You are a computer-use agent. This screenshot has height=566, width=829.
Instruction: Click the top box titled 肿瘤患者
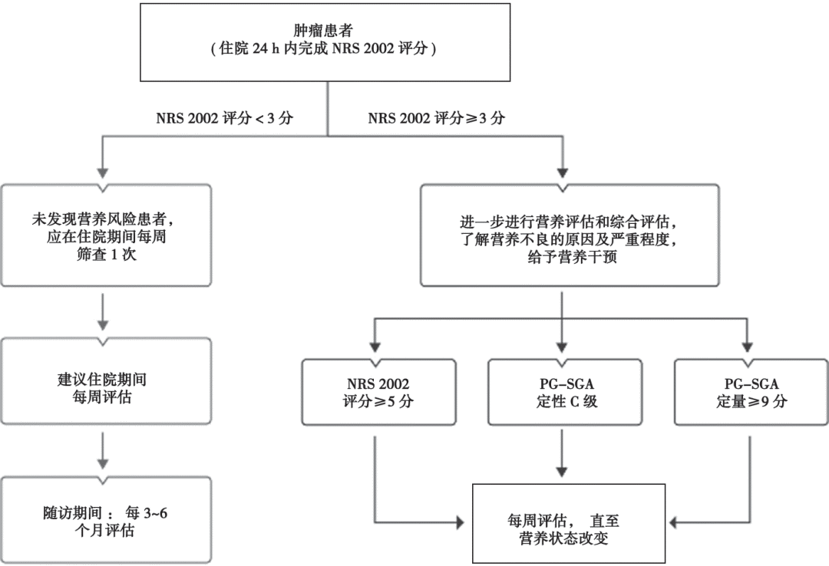pos(326,42)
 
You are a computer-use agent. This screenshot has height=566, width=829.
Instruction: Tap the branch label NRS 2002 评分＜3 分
pos(224,119)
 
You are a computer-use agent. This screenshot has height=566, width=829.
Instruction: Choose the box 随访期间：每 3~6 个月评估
pos(106,520)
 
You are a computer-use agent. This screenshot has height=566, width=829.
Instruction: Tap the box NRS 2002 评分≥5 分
pos(377,391)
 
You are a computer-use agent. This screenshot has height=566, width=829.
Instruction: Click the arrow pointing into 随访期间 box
pos(104,456)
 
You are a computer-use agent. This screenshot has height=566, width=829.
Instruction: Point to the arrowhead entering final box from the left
pos(461,523)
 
